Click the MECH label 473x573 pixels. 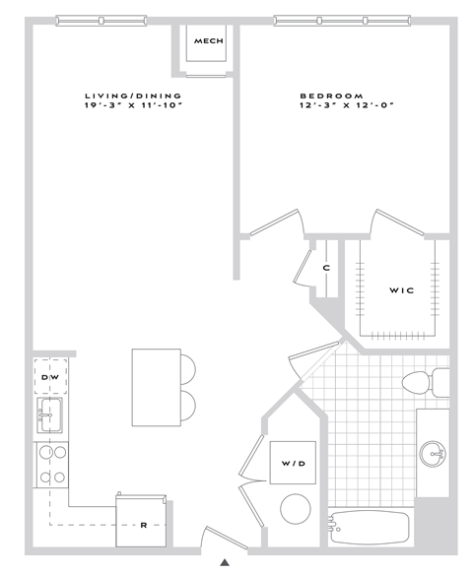(x=208, y=41)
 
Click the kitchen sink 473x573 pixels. (x=50, y=416)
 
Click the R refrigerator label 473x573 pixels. (x=144, y=525)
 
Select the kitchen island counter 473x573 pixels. (x=157, y=387)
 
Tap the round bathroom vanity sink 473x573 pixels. (x=434, y=454)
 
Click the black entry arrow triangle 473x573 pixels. (x=225, y=562)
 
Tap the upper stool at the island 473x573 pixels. (x=187, y=368)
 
